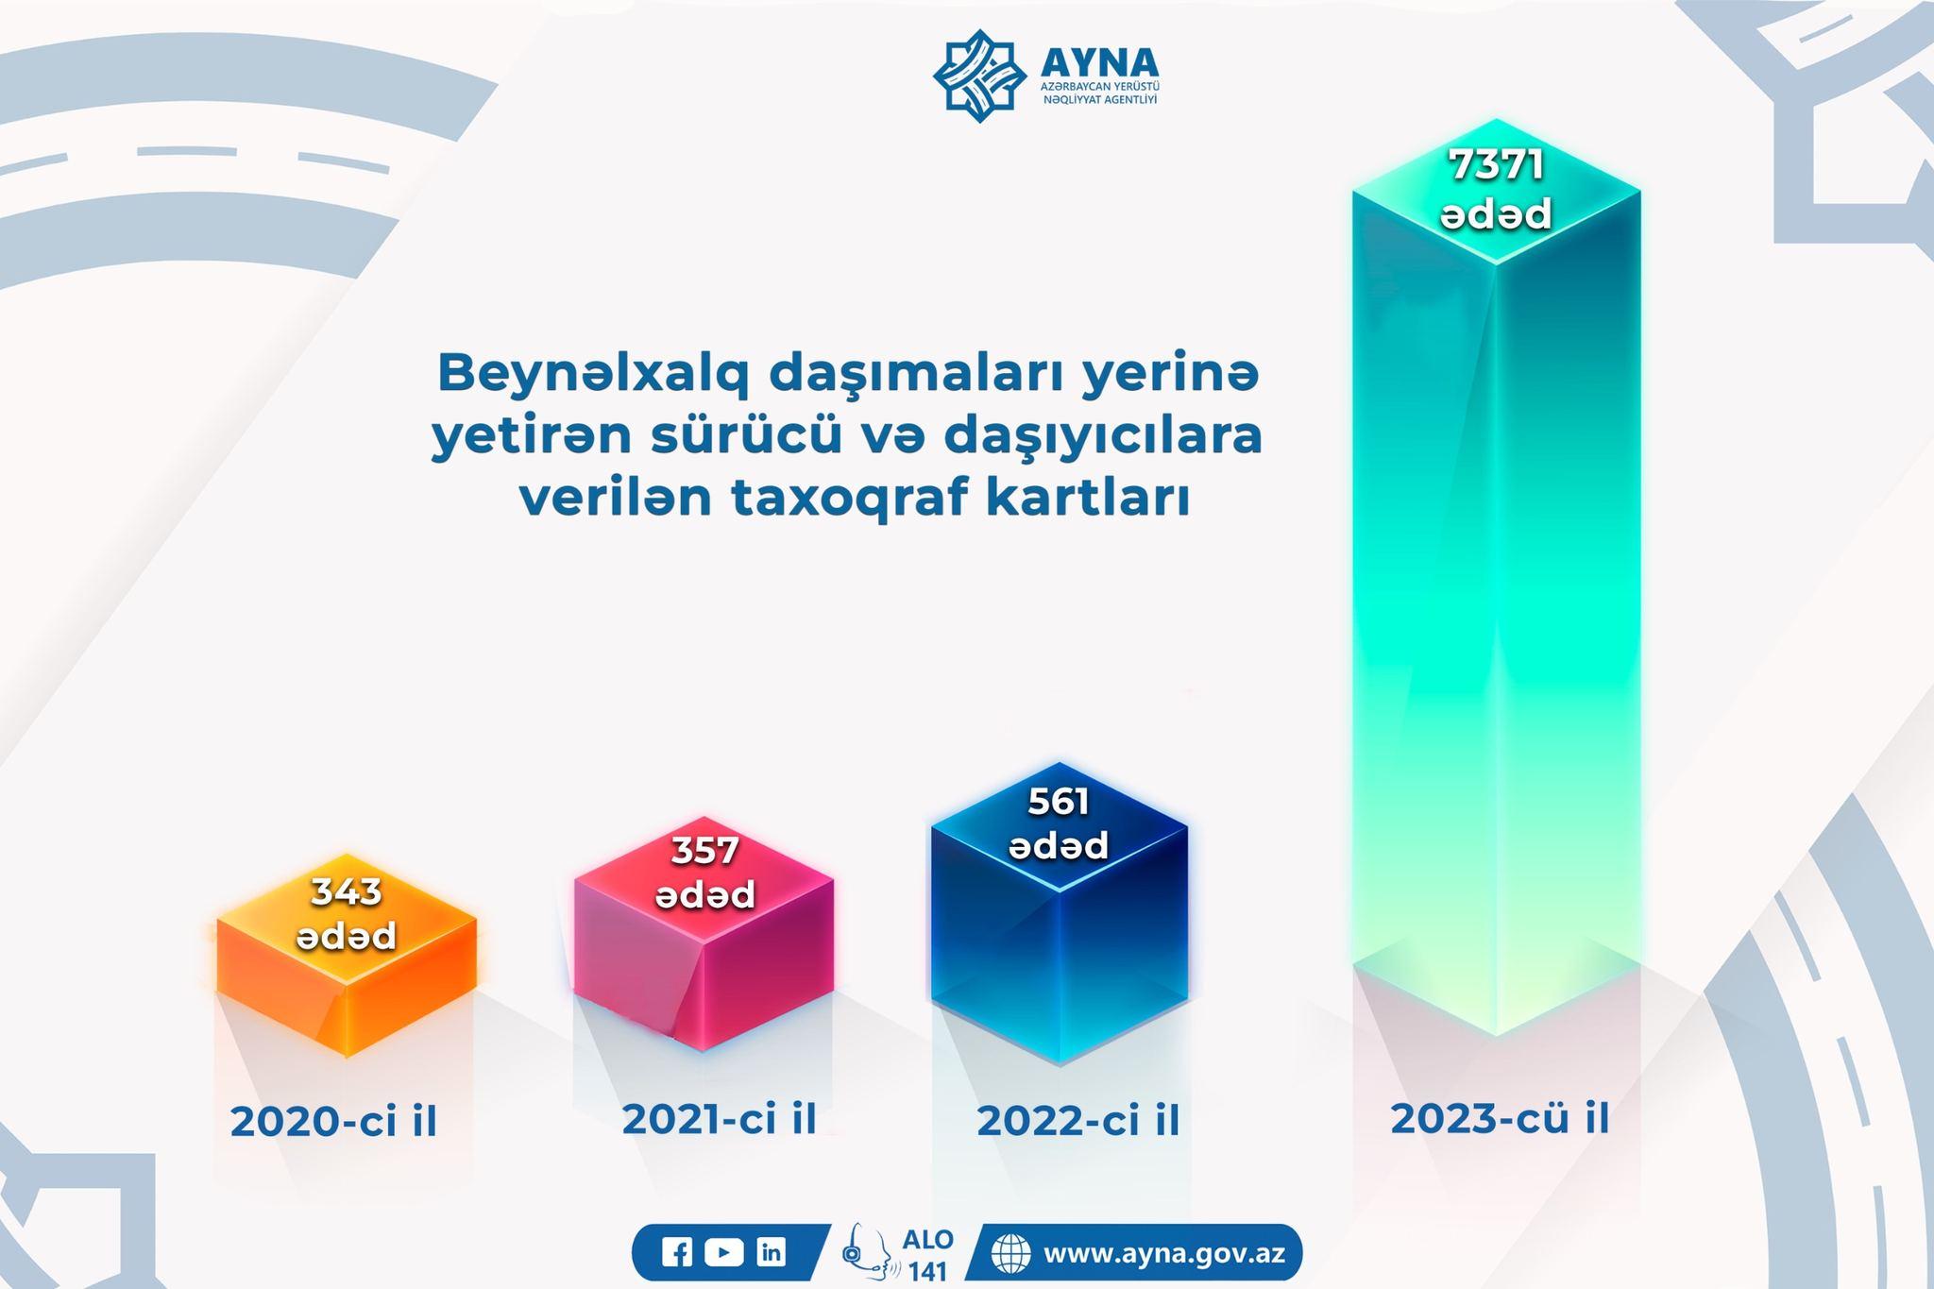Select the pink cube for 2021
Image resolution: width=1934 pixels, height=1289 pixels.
pyautogui.click(x=704, y=933)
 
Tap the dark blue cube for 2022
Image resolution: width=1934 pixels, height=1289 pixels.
pyautogui.click(x=1060, y=913)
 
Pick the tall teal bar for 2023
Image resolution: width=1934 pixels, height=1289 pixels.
pyautogui.click(x=1496, y=576)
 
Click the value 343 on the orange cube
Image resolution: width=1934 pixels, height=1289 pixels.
pyautogui.click(x=347, y=891)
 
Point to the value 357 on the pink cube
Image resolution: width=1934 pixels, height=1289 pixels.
pyautogui.click(x=704, y=851)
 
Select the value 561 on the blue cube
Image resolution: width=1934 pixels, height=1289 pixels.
pyautogui.click(x=1059, y=802)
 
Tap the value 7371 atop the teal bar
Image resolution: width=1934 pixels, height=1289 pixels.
pyautogui.click(x=1496, y=165)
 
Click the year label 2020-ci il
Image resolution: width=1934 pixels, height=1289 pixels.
pyautogui.click(x=333, y=1122)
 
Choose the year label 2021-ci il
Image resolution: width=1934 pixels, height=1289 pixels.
pyautogui.click(x=719, y=1119)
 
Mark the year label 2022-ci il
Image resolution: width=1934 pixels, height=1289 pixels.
pyautogui.click(x=1078, y=1121)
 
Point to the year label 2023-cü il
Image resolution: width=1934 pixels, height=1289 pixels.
pyautogui.click(x=1500, y=1119)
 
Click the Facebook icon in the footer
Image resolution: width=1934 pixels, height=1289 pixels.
pyautogui.click(x=677, y=1253)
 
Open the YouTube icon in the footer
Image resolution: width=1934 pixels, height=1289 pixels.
pyautogui.click(x=723, y=1253)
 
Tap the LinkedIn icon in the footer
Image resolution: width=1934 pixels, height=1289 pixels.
pyautogui.click(x=772, y=1253)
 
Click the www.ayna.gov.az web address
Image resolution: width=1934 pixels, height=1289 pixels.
pyautogui.click(x=1163, y=1254)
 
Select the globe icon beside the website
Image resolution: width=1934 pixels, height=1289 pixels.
pyautogui.click(x=1010, y=1254)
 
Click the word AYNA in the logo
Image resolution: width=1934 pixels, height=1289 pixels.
pyautogui.click(x=1099, y=62)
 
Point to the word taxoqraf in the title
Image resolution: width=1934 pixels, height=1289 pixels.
pyautogui.click(x=855, y=500)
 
